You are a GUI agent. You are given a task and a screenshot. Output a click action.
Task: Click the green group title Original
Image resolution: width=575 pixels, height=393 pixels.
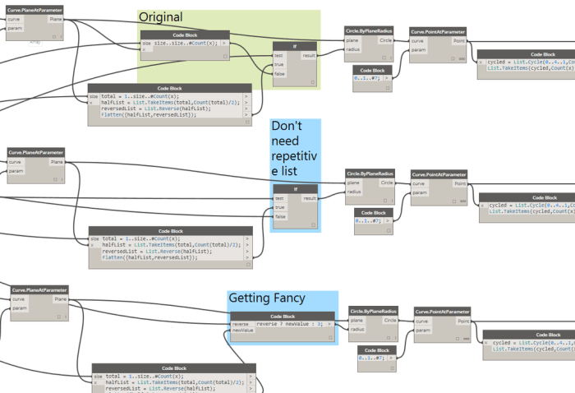coord(161,17)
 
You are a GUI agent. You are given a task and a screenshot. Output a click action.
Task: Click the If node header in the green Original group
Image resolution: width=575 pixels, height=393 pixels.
coord(294,46)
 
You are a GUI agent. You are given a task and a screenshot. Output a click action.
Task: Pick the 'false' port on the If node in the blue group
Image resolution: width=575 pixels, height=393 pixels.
coord(280,216)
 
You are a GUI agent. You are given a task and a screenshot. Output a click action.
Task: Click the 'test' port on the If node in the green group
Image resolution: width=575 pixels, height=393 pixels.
coord(279,55)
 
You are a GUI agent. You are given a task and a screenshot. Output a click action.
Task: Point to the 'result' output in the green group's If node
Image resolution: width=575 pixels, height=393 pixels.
coord(309,55)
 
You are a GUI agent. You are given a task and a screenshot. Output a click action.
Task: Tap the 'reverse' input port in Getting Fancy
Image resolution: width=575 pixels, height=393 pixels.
coord(240,324)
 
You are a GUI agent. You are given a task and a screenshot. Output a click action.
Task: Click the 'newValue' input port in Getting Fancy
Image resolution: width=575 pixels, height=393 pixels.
coord(243,331)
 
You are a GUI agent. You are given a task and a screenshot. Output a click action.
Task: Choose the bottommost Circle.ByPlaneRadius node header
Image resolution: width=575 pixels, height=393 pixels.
coord(373,312)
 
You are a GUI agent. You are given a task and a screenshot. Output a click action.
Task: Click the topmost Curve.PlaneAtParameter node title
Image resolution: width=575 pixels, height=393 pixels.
coord(34,9)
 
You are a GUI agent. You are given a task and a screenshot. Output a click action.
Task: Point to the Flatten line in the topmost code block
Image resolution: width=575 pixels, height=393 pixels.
coord(149,115)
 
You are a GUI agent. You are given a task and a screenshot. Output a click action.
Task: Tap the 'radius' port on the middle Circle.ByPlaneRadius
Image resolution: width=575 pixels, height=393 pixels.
coord(354,192)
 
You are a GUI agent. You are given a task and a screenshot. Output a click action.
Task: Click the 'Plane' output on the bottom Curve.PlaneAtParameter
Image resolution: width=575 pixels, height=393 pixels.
coord(60,299)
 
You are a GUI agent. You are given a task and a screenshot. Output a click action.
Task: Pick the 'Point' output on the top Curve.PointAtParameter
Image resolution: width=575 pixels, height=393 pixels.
coord(459,40)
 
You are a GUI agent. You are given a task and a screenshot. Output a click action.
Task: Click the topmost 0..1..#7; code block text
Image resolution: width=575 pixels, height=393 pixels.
coord(367,80)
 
